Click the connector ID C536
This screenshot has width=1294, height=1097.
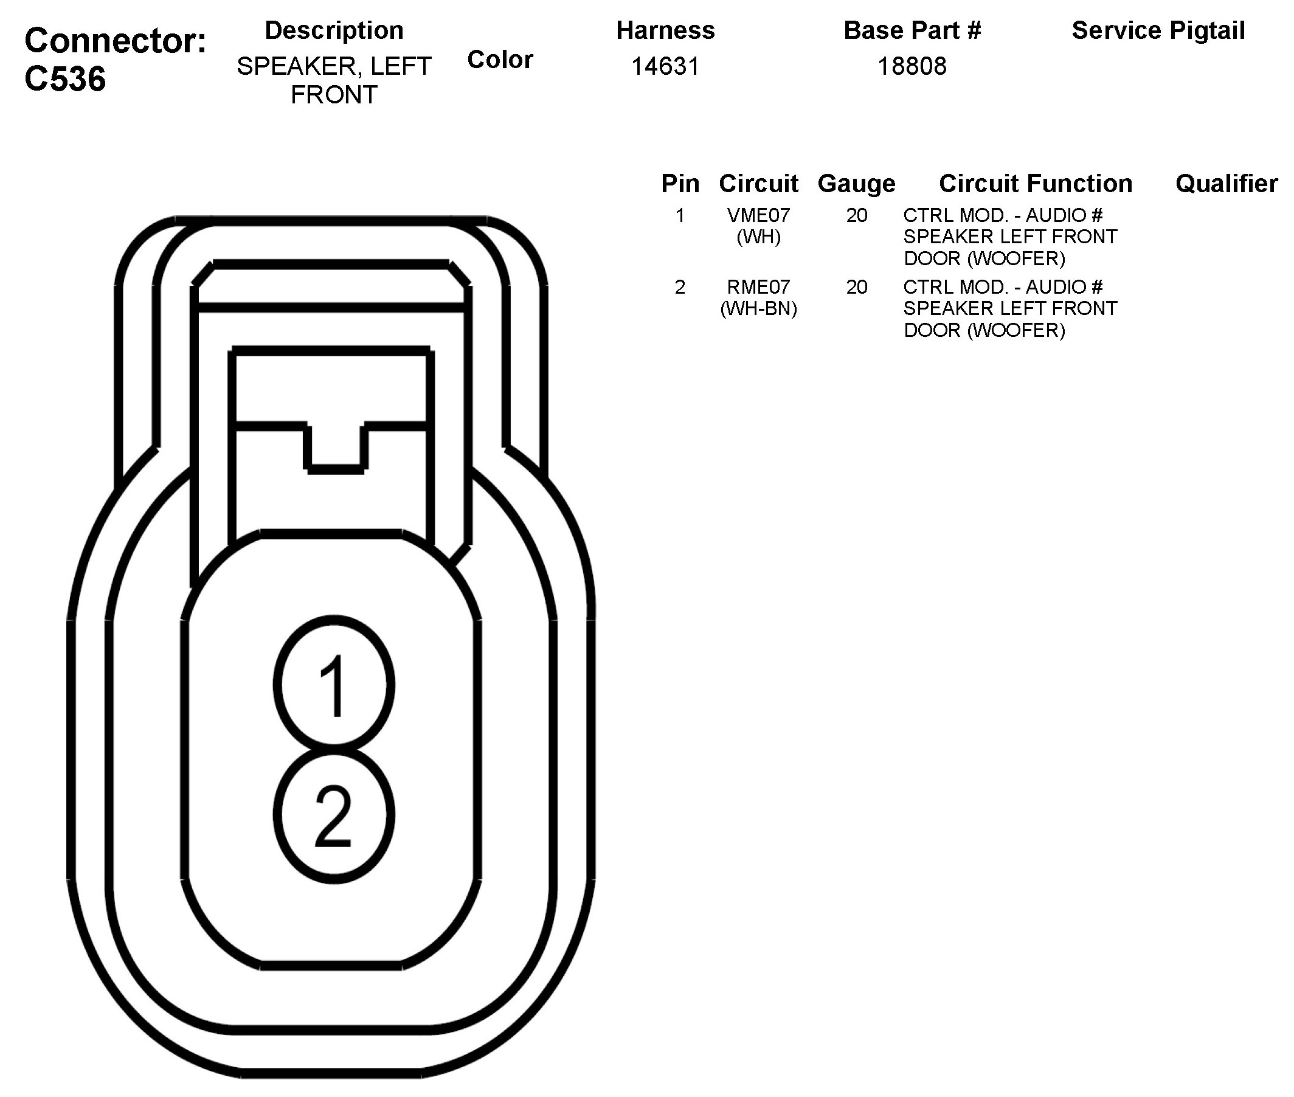point(65,79)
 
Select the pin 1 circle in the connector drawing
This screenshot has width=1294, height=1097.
point(334,685)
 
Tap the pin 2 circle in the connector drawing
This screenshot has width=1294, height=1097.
point(334,815)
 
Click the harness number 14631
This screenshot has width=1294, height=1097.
point(665,66)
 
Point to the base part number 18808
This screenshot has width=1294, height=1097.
point(912,66)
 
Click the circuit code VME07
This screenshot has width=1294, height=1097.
point(758,215)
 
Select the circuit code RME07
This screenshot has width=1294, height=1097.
point(758,286)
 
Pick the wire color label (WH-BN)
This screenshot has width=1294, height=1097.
point(758,308)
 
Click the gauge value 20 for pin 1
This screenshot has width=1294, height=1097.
point(856,215)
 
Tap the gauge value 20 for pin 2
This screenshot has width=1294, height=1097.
point(856,286)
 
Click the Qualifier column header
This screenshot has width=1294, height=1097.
point(1227,184)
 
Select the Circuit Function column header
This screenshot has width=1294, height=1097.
point(1036,184)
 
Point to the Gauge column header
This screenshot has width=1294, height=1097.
point(856,184)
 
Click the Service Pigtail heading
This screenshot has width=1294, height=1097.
point(1158,30)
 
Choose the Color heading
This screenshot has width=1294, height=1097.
point(500,60)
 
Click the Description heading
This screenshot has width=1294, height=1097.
point(334,30)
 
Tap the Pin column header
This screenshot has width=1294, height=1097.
point(680,184)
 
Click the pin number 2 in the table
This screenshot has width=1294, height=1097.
point(680,286)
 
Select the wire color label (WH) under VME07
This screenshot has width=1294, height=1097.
point(758,237)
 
